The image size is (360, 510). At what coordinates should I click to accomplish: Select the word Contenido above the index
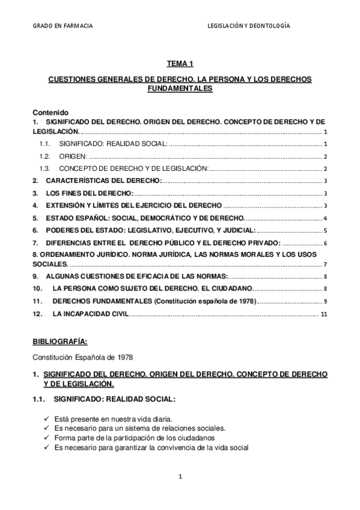51,112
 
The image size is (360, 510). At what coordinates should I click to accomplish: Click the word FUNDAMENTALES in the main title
180,88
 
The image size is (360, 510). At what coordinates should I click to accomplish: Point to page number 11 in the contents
324,315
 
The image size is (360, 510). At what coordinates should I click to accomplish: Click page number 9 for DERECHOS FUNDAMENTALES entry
325,301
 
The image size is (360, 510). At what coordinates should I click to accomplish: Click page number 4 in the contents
325,218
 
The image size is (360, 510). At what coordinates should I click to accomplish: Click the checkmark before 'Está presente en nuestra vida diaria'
47,418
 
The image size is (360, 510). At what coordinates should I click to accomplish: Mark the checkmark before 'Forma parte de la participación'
47,438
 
